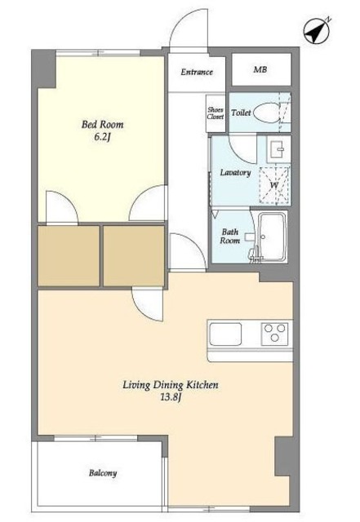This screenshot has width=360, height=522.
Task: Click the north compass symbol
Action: [x=317, y=31]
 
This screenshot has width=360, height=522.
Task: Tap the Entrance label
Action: [x=197, y=72]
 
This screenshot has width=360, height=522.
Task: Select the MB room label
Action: [x=260, y=69]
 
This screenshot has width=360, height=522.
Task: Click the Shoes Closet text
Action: [x=216, y=113]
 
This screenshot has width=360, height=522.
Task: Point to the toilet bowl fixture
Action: [x=267, y=113]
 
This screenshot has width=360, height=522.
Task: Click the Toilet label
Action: [x=241, y=113]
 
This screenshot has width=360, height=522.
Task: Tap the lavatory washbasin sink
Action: [x=278, y=149]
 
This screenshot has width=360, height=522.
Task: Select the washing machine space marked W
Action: [x=274, y=185]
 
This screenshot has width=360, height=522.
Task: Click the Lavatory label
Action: [x=235, y=172]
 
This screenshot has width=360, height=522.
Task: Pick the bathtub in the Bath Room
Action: [x=273, y=237]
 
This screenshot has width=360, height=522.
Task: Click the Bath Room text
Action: [x=230, y=236]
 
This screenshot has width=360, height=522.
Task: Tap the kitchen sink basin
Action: [x=225, y=334]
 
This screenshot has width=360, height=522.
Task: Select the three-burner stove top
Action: [x=274, y=333]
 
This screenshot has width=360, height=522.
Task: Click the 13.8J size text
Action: [x=171, y=397]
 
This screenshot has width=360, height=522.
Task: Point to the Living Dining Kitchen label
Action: [x=171, y=385]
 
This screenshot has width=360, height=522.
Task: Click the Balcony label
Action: [x=103, y=473]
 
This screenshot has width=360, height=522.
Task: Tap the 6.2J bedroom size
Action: [x=102, y=137]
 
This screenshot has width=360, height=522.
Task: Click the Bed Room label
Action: [x=102, y=125]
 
